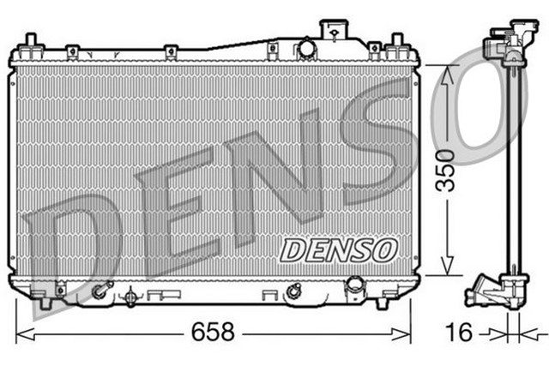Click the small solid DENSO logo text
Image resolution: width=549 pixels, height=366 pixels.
pos(340,249)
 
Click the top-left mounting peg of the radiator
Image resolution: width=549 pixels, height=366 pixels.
pos(30,44)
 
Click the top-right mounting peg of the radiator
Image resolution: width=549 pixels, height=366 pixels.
pos(396,44)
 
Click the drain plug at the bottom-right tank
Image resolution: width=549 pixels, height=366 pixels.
pos(353,286)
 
